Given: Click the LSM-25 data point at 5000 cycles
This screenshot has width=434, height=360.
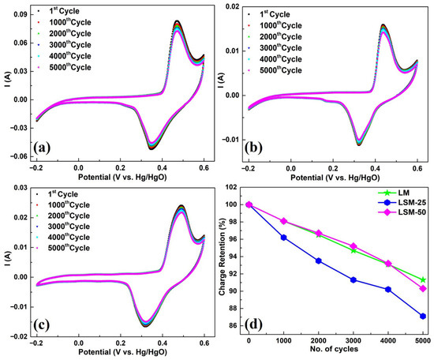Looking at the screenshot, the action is coord(423,317).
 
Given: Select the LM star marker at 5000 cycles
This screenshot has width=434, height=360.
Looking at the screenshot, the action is coord(423,280).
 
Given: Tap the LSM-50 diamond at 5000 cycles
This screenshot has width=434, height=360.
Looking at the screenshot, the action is coord(423,289).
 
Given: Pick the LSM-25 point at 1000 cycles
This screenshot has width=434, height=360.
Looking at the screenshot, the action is coord(284,238).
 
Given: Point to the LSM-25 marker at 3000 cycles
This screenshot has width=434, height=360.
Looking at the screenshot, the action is coord(354,280).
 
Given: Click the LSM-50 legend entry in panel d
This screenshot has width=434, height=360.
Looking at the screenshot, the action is coord(402,212).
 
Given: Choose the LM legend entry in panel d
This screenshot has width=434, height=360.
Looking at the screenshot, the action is coord(394,193).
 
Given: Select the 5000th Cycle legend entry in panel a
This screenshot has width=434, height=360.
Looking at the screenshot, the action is coord(65,67).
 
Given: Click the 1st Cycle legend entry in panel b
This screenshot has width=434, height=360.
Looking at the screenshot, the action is coord(269,14).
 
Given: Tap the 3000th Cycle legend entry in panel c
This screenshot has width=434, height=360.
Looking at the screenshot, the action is coord(63,227).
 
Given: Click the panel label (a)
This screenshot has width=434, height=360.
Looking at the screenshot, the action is coord(42,148).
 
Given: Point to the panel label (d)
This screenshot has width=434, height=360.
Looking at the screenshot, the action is coord(253,324).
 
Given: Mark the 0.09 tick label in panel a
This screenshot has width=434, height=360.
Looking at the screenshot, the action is coord(21,14).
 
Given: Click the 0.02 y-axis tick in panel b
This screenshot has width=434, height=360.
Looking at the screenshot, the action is coord(233,6).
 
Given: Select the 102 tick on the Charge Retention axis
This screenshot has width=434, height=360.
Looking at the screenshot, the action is coord(231,188).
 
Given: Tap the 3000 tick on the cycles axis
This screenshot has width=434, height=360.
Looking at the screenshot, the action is coord(354,340).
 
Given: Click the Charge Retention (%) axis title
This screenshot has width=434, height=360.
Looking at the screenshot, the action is coord(223,257).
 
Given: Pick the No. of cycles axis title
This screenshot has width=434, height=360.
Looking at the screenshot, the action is coord(334,349).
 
